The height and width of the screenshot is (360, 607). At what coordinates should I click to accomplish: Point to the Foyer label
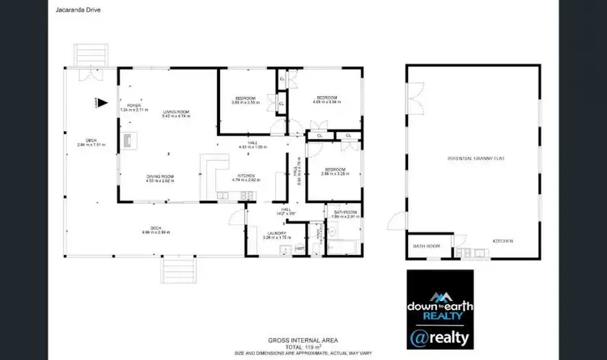coord(134,106)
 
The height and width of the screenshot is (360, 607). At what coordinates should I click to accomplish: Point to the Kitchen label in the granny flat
coord(503,242)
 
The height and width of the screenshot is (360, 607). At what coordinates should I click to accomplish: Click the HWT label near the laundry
coord(299,248)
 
